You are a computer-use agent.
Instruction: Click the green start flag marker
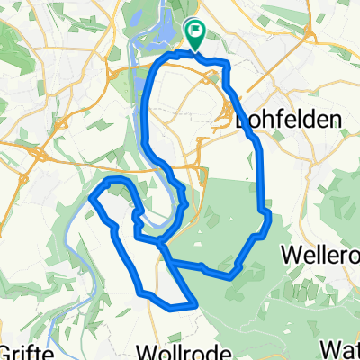195,33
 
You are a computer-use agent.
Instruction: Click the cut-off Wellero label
319,255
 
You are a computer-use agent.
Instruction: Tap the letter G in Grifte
7,349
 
